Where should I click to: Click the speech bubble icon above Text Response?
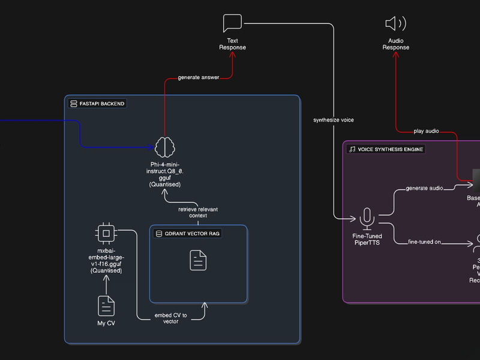click(232, 23)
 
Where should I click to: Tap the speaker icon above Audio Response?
click(395, 23)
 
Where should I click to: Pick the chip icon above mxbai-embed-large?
click(106, 232)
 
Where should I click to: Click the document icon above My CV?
click(106, 305)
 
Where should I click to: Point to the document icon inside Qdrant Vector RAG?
click(198, 260)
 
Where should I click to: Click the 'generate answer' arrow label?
click(199, 77)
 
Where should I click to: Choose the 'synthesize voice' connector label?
click(334, 120)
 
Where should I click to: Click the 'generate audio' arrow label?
click(425, 188)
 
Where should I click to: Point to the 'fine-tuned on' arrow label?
click(425, 242)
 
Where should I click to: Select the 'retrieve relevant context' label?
click(198, 212)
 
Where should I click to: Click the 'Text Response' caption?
click(232, 44)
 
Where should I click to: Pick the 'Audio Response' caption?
click(396, 44)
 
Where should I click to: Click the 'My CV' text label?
click(106, 323)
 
